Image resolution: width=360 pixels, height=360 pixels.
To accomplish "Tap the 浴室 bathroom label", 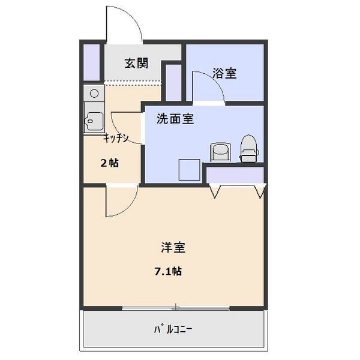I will click(224, 73).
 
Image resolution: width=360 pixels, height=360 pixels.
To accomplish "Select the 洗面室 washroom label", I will click(175, 119).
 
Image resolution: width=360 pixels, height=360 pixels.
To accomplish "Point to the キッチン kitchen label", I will click(116, 138).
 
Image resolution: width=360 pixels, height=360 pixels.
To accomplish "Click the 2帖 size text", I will click(109, 163).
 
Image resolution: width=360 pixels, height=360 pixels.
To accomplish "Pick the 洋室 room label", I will click(172, 247).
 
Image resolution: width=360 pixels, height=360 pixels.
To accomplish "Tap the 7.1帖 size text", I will click(168, 271).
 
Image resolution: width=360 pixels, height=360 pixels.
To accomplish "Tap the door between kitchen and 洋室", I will click(120, 202).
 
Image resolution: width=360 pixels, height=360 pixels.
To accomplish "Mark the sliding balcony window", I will click(175, 308).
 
